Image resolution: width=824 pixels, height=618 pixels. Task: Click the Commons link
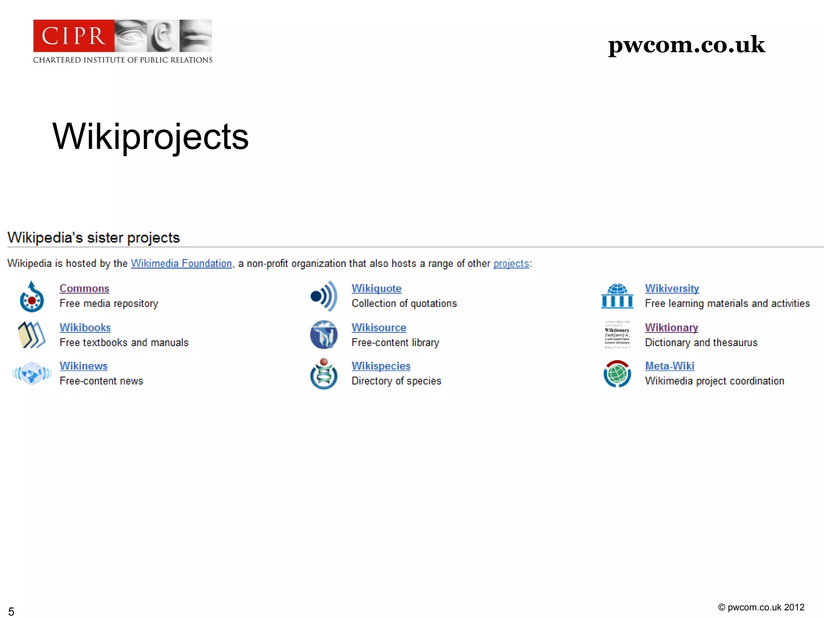coord(84,288)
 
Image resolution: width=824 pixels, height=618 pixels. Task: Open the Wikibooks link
coord(85,328)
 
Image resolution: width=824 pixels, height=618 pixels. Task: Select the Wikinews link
coord(84,366)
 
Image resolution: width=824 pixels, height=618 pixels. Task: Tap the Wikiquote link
coord(376,288)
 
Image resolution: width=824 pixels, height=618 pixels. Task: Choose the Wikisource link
coord(379,328)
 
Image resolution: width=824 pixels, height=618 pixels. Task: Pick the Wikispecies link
coord(381,366)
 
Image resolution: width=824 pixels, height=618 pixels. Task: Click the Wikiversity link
coord(672,288)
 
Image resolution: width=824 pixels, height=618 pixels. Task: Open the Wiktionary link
coord(671,328)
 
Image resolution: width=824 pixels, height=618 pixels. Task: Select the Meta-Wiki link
coord(669,366)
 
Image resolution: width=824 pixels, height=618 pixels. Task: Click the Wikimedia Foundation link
coord(181,264)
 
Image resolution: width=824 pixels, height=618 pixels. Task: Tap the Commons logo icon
coord(32,297)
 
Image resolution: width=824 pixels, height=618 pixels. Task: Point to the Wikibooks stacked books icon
coord(32,335)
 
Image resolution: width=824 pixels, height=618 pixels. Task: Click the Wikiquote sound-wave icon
coord(324,296)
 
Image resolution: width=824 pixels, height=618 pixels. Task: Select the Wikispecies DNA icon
coord(324,374)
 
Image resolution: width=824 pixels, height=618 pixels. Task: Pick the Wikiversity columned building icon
coord(617,296)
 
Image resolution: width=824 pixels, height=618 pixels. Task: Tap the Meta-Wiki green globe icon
coord(617,374)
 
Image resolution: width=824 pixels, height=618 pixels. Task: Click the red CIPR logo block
coord(74,36)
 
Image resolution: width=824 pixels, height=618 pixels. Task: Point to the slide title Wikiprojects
coord(150,137)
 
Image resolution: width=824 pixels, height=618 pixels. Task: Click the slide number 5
coord(11,612)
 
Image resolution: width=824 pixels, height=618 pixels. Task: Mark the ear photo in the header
coord(163,36)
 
